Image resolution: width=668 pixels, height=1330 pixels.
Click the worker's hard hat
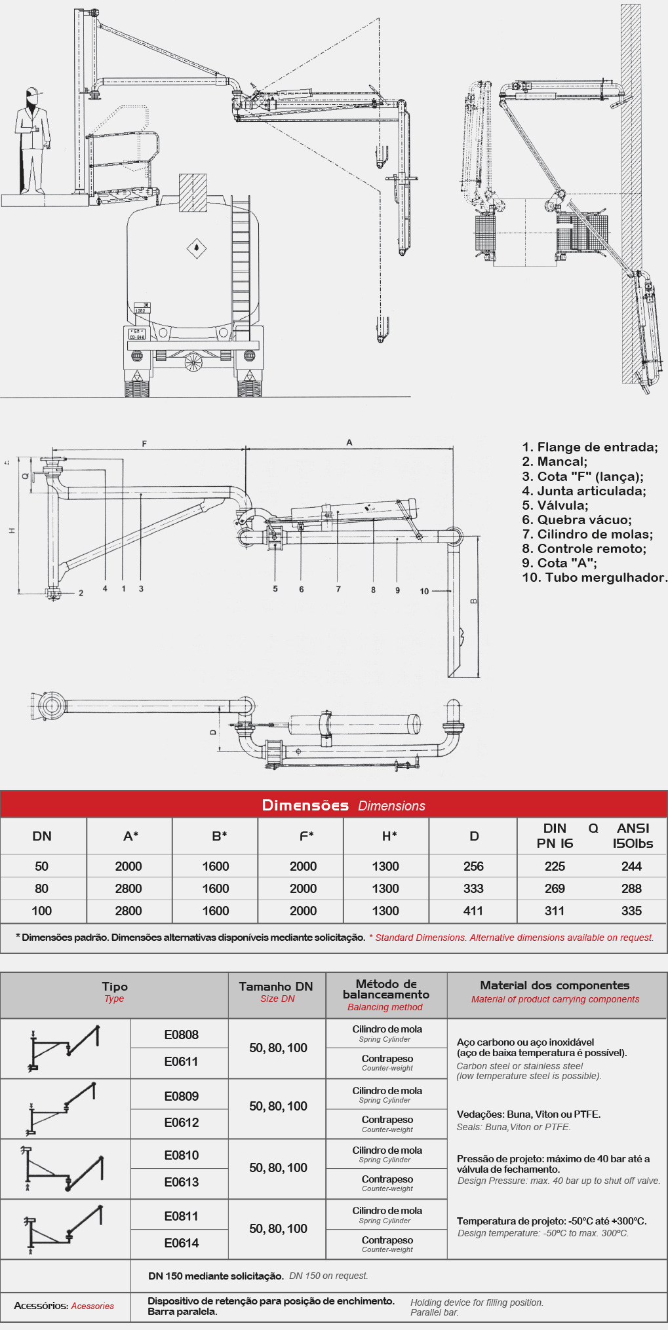click(31, 92)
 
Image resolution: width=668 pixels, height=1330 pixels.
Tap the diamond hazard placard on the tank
click(196, 248)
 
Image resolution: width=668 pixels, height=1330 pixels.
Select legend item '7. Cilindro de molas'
click(587, 534)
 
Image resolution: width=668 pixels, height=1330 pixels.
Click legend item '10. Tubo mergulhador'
click(595, 577)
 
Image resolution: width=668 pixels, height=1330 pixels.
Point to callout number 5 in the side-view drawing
click(275, 588)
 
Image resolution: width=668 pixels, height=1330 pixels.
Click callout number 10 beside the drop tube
click(424, 591)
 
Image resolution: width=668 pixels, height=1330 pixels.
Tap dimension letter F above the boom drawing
click(144, 444)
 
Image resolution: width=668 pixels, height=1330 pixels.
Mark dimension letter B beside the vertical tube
click(474, 601)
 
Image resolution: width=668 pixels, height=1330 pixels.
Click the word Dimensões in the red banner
click(305, 805)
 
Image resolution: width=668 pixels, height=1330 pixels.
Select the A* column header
click(130, 836)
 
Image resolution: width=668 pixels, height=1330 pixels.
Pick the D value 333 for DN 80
click(473, 888)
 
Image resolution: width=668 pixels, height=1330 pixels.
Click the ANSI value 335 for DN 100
click(631, 911)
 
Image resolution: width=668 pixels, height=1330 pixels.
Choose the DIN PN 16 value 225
click(555, 866)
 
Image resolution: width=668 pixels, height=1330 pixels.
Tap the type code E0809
click(181, 1096)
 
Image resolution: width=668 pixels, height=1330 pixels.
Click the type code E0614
click(181, 1243)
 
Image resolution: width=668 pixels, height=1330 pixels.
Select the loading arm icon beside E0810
click(63, 1169)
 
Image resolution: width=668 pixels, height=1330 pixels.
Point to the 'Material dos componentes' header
click(555, 985)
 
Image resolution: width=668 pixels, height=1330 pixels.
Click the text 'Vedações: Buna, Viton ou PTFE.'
click(528, 1114)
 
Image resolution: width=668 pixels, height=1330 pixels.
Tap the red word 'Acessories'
click(92, 1306)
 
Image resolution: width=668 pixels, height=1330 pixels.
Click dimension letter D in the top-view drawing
click(212, 732)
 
